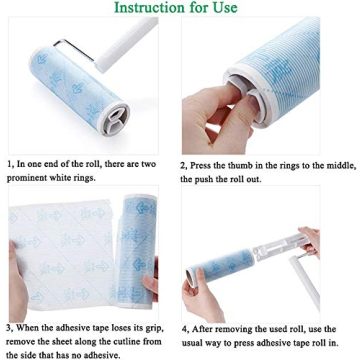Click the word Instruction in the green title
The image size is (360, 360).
(x=151, y=9)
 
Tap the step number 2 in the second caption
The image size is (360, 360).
(x=184, y=163)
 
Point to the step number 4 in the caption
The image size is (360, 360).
(x=184, y=327)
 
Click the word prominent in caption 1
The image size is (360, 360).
(x=33, y=178)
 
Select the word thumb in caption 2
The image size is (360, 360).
(x=245, y=163)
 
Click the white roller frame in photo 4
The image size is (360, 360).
(x=280, y=250)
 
